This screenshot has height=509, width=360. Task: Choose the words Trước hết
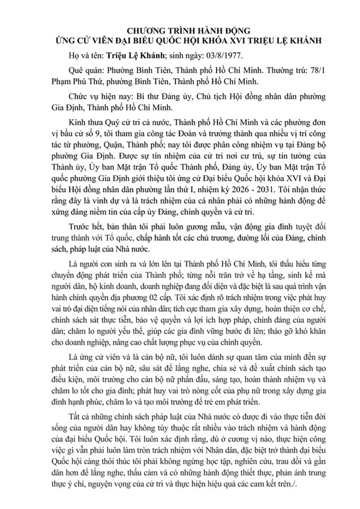coord(78,228)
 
